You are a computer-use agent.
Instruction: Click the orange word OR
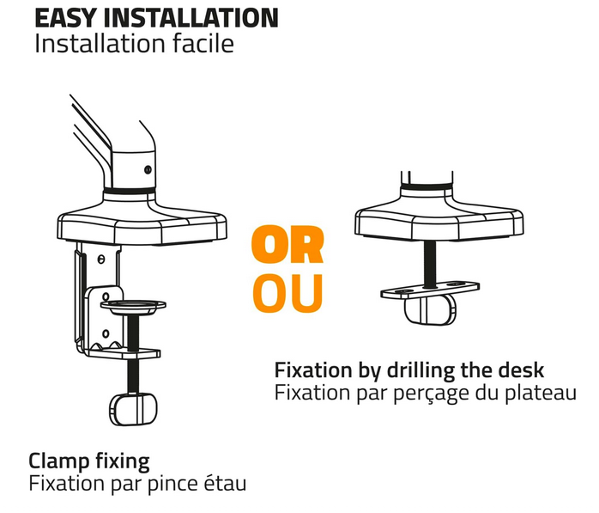click(x=287, y=244)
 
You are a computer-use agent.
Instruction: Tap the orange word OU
click(x=287, y=293)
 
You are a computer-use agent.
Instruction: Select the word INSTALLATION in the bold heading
click(x=191, y=18)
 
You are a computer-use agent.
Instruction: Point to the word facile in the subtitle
click(x=203, y=43)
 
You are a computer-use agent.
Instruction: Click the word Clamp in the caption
click(x=59, y=461)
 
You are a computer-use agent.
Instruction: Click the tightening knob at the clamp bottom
click(x=133, y=409)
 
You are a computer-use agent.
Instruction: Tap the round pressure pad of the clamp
click(x=133, y=306)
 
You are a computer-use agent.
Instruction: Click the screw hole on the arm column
click(x=148, y=169)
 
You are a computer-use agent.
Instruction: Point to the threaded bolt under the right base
click(x=430, y=265)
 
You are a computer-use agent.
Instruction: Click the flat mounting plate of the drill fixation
click(x=430, y=290)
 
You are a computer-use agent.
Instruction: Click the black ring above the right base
click(x=427, y=186)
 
